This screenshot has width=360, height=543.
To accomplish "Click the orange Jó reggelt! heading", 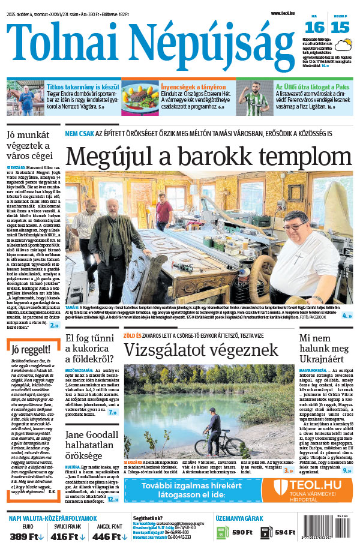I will point(29,350).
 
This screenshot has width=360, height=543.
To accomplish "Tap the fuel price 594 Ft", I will point(284,532).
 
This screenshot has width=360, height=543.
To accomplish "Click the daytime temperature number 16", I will point(315,26).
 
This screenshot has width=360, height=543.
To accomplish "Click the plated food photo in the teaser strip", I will point(139,97).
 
